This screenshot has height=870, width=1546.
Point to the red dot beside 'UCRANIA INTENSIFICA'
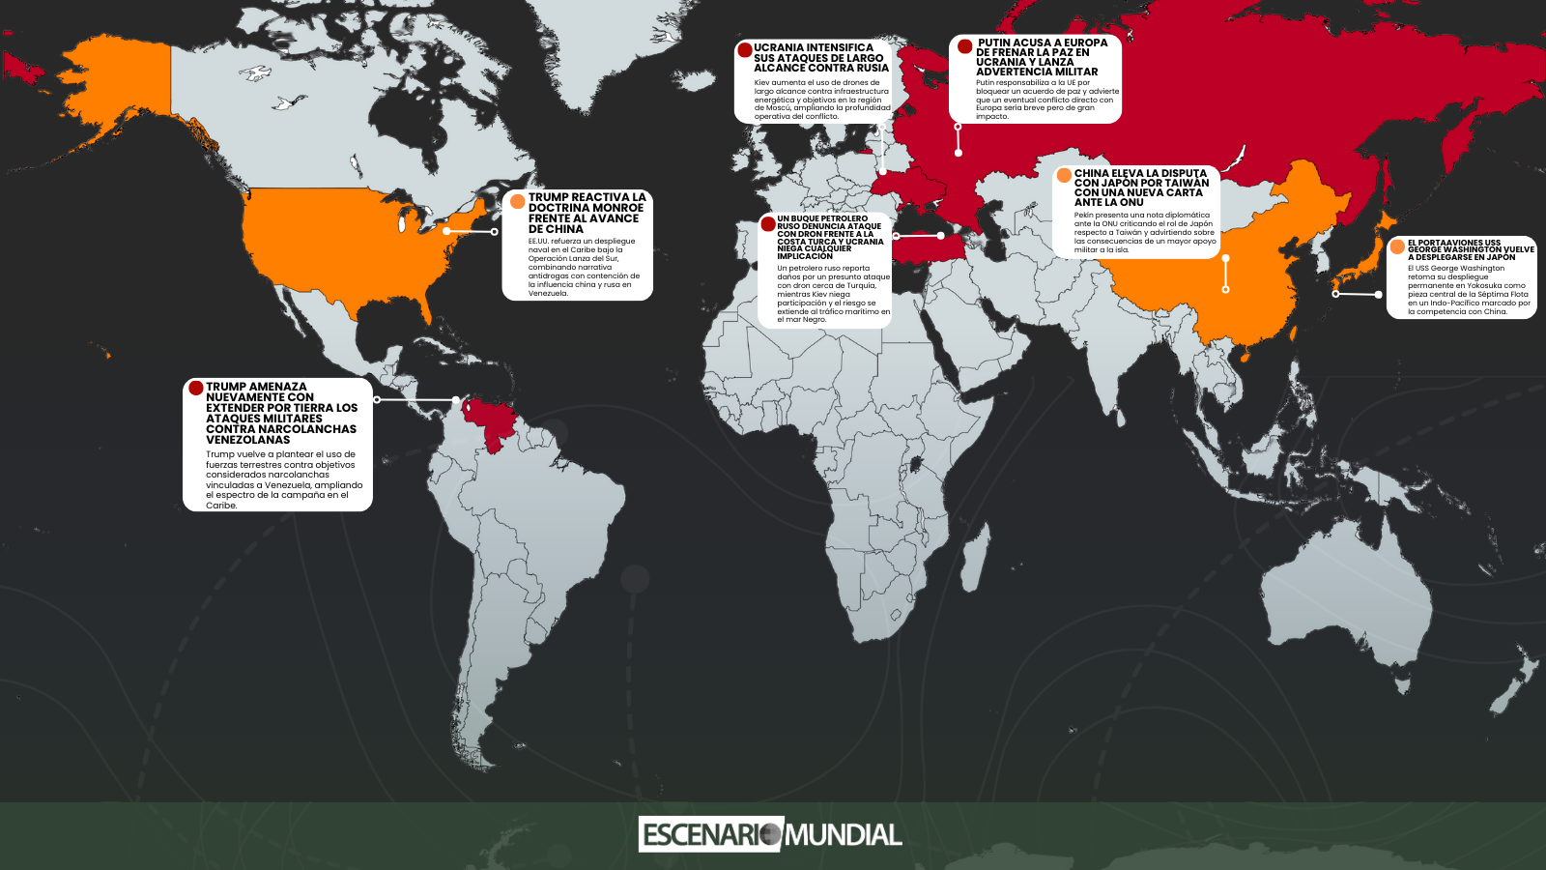pos(745,49)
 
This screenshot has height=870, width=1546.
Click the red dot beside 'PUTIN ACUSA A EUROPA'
pos(964,45)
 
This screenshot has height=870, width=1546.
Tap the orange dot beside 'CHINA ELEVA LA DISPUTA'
pos(1064,175)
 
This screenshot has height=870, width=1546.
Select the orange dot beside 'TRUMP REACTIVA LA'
pos(517,201)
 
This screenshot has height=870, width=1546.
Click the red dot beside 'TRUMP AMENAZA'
pos(195,388)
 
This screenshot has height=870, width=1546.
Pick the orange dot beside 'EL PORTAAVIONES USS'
pos(1396,246)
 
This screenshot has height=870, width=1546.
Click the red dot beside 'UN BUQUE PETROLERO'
pos(768,223)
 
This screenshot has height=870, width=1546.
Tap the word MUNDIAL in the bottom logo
pos(844,834)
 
